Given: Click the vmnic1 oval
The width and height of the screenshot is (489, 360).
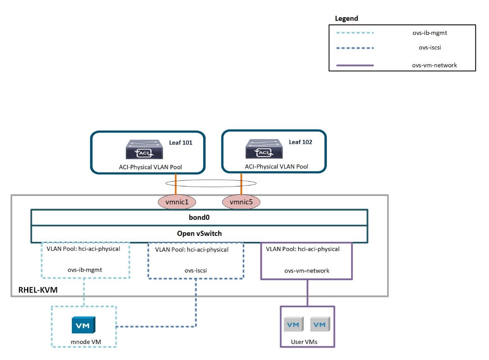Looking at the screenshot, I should [x=176, y=202].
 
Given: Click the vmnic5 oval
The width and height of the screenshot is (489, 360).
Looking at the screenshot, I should [x=241, y=202].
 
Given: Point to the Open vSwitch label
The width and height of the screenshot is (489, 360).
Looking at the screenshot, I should [x=199, y=234].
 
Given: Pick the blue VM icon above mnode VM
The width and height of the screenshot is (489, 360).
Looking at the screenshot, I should [x=83, y=325].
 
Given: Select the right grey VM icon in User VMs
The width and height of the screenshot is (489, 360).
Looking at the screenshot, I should [x=319, y=325].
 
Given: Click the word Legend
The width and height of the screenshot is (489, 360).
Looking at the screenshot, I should [x=346, y=18].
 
